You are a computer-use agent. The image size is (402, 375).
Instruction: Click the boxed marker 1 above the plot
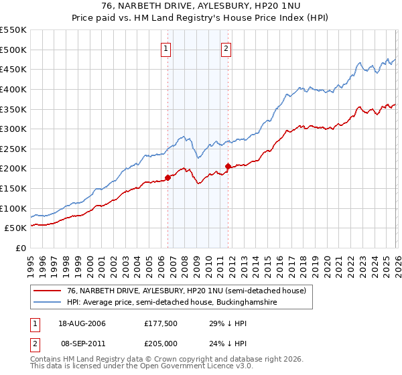pyautogui.click(x=165, y=48)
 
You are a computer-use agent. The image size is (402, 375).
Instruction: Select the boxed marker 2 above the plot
pyautogui.click(x=226, y=48)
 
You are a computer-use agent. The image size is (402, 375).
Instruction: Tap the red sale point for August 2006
pyautogui.click(x=167, y=177)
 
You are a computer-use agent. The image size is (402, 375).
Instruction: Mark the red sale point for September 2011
pyautogui.click(x=228, y=166)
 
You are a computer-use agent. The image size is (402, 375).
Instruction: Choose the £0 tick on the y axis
pyautogui.click(x=22, y=248)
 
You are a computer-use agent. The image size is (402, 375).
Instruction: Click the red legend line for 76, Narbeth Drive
pyautogui.click(x=47, y=291)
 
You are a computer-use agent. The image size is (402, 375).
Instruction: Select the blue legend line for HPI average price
pyautogui.click(x=47, y=303)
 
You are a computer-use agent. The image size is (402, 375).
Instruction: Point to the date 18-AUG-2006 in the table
pyautogui.click(x=82, y=323)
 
